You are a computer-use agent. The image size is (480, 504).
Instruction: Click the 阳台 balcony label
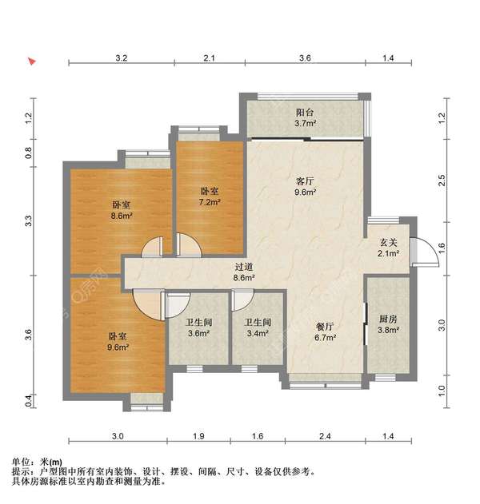305,113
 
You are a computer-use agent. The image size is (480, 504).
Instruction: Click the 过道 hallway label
244,267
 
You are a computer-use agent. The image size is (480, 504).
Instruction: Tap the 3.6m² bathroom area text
198,333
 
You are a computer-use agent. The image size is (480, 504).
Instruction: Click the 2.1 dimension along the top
209,58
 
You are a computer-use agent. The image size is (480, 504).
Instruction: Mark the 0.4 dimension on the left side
29,399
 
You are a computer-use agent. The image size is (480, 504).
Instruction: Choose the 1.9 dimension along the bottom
198,436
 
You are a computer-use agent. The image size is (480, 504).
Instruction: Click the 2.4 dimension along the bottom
324,436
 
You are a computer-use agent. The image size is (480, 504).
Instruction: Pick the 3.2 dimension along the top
121,58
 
